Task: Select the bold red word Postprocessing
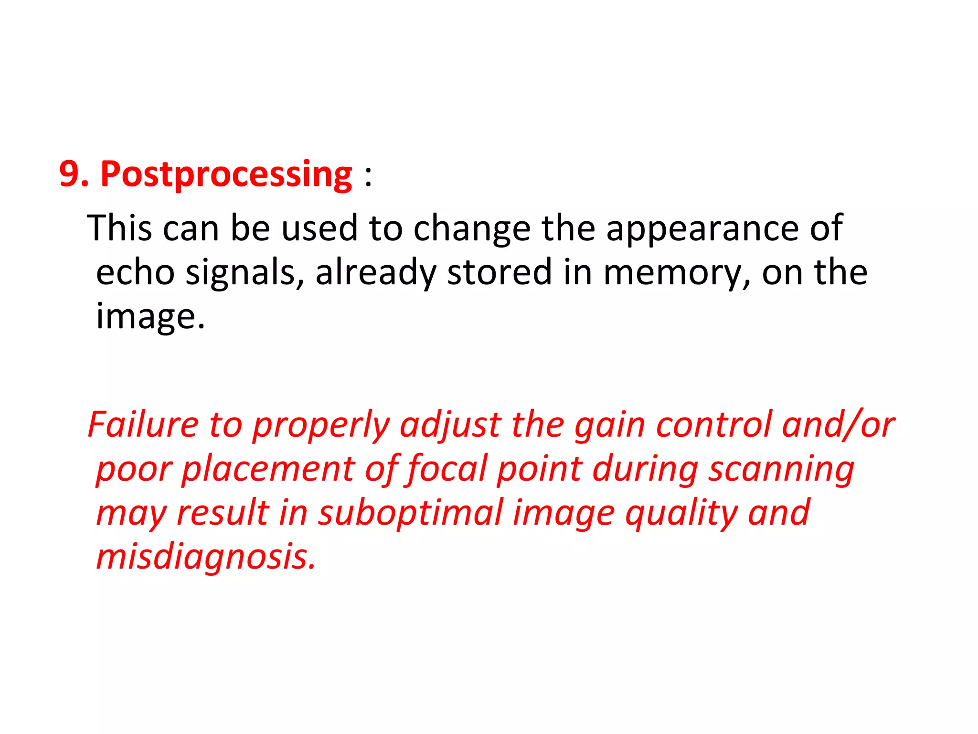pos(226,175)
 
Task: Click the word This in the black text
pos(119,228)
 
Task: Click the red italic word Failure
pos(143,425)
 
